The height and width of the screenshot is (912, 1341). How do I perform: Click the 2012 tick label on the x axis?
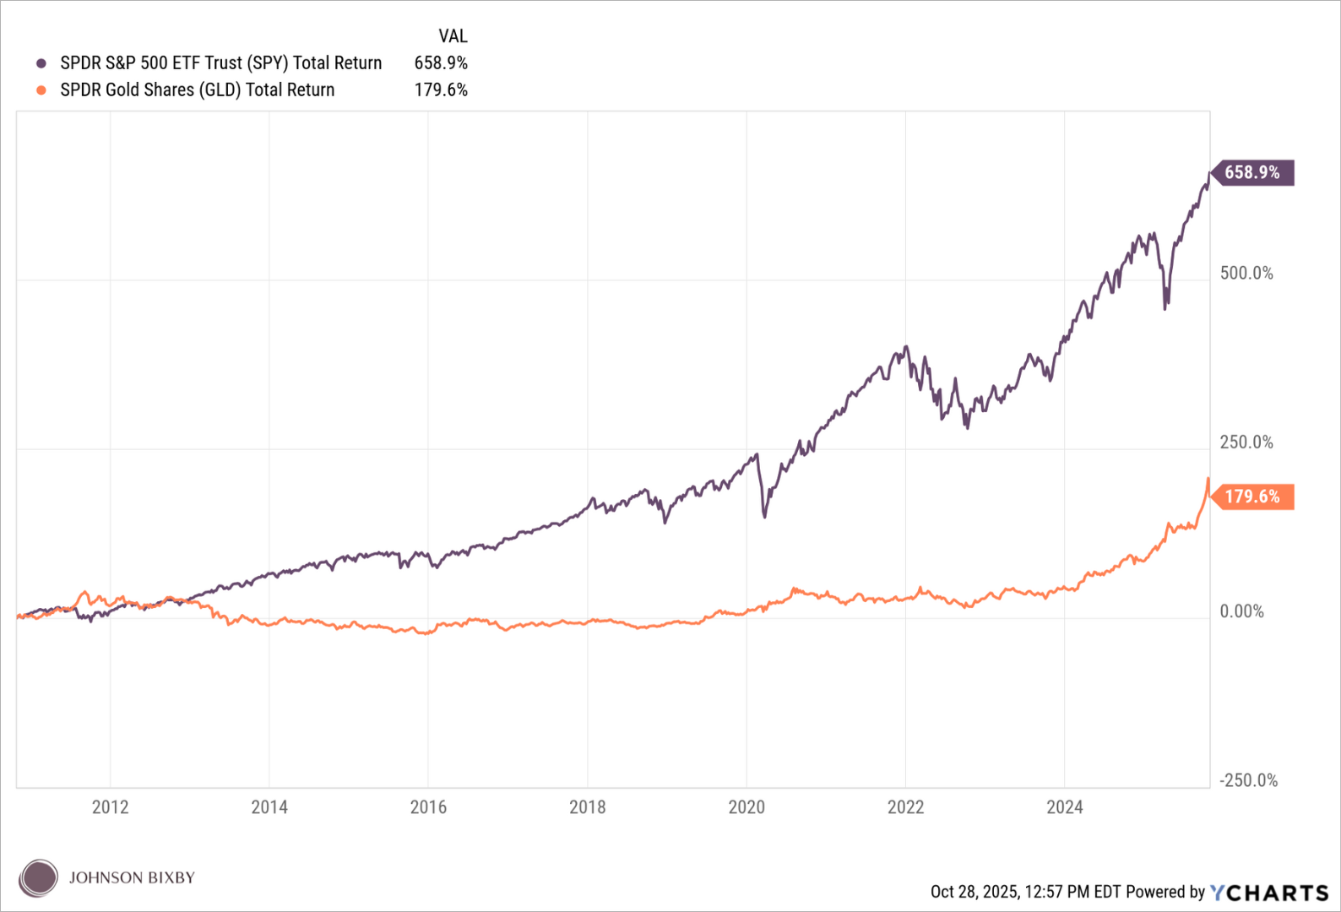[110, 807]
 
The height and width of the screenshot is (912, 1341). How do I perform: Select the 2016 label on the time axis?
[428, 807]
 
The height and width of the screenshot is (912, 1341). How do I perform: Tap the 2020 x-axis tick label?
[747, 807]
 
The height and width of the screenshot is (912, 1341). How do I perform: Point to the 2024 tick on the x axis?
[1064, 807]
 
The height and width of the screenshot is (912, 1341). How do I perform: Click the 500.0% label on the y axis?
[1246, 274]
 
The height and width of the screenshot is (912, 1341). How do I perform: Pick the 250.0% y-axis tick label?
[1246, 442]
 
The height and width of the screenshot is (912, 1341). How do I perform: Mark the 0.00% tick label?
[1241, 611]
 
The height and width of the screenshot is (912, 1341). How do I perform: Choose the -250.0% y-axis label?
[1248, 780]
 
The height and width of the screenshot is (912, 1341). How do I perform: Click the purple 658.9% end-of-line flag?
[1252, 172]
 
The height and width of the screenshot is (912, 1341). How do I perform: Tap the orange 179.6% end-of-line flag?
[1252, 497]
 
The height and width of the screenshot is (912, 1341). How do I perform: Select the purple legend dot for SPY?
[41, 63]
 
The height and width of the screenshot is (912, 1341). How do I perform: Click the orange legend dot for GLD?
[41, 90]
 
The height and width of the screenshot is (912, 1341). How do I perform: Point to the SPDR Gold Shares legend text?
[198, 90]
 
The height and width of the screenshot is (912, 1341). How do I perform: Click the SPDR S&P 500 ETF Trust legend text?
[221, 63]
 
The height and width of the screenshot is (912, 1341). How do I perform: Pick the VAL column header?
[453, 36]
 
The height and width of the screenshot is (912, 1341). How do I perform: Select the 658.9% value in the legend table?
[441, 63]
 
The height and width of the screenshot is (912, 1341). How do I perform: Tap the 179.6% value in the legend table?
[441, 90]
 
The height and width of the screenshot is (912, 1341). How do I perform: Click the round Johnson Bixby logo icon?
[38, 878]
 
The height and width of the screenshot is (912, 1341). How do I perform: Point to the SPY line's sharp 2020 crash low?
[765, 516]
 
